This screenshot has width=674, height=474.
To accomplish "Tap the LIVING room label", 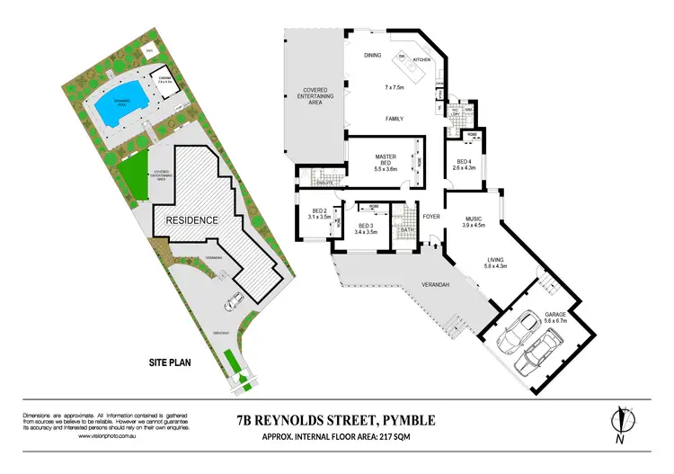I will coord(495,261).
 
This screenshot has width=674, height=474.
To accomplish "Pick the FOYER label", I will coord(431,216).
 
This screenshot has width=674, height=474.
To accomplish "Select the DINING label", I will coord(373,56).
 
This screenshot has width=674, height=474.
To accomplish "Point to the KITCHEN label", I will coord(422,60).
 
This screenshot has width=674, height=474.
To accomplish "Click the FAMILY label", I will coord(395,119).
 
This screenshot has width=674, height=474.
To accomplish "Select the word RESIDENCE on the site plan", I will coord(191,219).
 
